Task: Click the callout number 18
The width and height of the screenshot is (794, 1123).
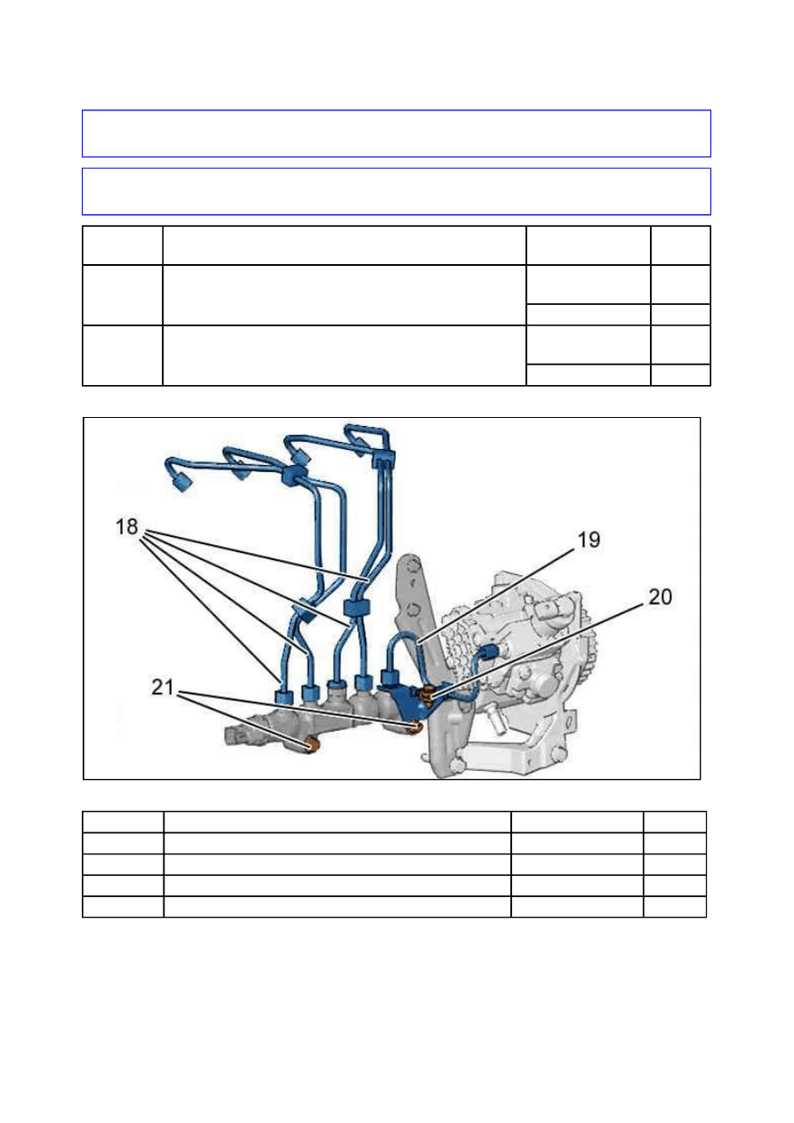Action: (126, 527)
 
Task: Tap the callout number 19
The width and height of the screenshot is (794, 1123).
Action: (589, 540)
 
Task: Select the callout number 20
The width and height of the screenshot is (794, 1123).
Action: (660, 597)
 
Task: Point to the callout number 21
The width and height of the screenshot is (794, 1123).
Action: (163, 686)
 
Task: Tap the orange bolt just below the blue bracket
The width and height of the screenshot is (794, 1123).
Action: (414, 726)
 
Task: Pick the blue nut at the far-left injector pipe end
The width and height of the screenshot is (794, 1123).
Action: (180, 484)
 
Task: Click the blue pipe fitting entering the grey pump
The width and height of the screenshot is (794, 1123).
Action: (489, 651)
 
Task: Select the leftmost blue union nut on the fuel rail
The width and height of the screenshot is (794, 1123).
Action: (285, 696)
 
